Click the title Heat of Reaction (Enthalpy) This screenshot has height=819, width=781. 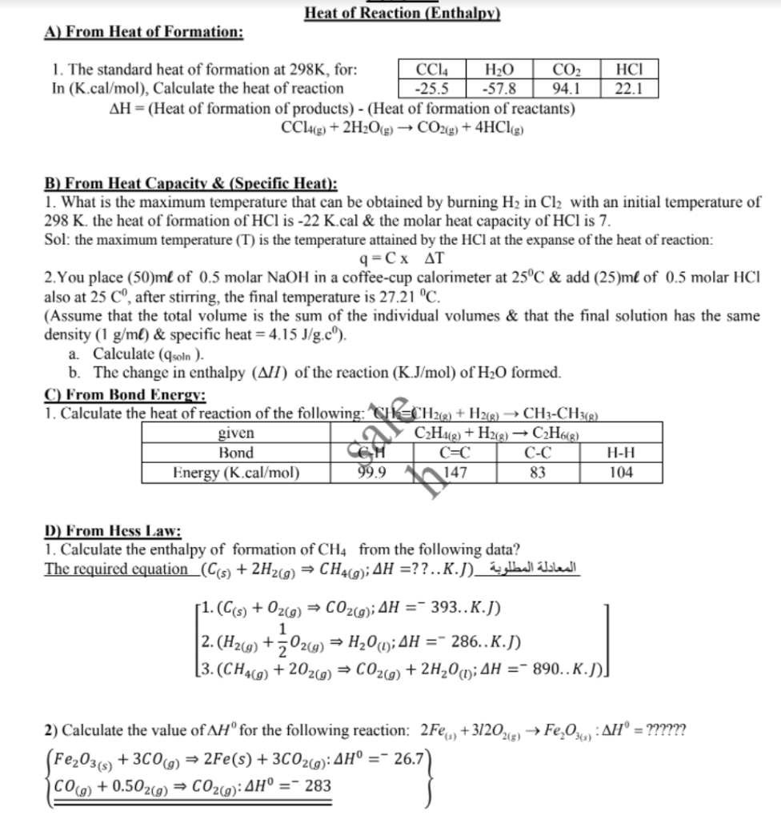click(x=403, y=13)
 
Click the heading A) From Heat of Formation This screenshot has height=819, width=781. click(x=144, y=32)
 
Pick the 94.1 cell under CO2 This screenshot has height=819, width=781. click(x=567, y=88)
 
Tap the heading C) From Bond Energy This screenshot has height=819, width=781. click(x=125, y=395)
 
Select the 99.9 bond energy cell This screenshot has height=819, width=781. click(x=371, y=472)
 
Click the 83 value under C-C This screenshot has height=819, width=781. click(x=538, y=472)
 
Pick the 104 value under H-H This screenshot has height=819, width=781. click(x=621, y=472)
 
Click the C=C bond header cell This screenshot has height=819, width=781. click(x=455, y=453)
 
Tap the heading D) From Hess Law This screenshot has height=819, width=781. click(x=113, y=531)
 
